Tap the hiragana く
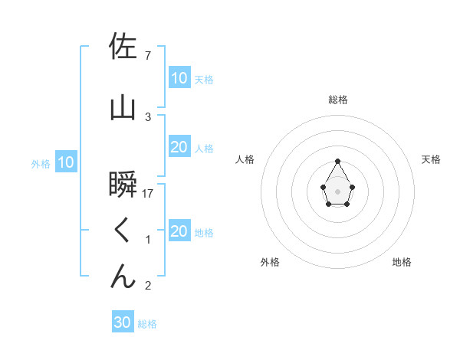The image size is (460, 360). click(123, 230)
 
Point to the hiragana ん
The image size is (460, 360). click(123, 276)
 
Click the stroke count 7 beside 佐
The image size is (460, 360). click(148, 55)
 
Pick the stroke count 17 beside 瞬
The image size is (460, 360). click(149, 193)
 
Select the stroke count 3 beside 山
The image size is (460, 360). click(148, 116)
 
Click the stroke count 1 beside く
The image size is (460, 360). click(148, 240)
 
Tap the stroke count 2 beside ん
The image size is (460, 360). click(148, 286)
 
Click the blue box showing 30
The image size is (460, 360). click(123, 322)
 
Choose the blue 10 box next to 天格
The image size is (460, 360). click(179, 77)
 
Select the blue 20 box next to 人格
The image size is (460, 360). click(179, 147)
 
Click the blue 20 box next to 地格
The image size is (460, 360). click(179, 231)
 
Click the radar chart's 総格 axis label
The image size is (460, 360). click(338, 100)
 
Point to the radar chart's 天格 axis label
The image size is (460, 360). click(431, 159)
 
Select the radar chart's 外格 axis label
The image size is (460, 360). click(270, 262)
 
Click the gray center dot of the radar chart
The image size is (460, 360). click(337, 191)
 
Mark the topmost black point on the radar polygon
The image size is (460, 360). click(337, 161)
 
